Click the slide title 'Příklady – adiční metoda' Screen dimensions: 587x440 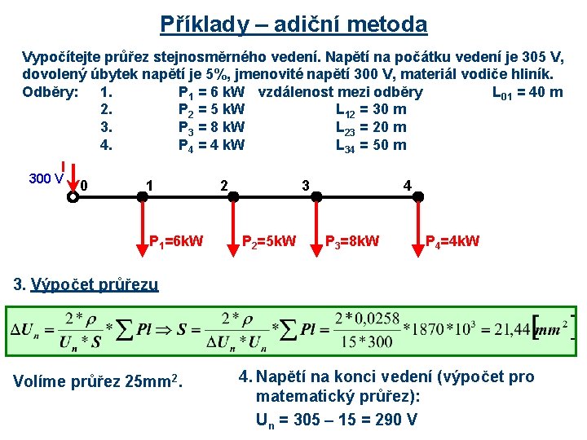tap(293, 24)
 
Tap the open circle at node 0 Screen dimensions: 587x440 tap(73, 196)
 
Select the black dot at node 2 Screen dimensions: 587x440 tap(233, 196)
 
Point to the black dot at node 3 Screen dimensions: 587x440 tap(316, 196)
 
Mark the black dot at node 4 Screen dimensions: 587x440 tap(418, 196)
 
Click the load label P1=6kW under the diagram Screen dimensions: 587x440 tap(176, 241)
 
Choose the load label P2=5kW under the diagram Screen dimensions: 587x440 tap(270, 241)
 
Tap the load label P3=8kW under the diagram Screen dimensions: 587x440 tap(352, 241)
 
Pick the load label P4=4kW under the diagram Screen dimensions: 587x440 tap(452, 241)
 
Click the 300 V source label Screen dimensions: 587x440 tap(47, 178)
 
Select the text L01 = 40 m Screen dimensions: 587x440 tap(527, 91)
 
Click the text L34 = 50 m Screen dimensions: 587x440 tap(371, 145)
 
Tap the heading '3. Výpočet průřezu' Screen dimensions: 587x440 tap(87, 284)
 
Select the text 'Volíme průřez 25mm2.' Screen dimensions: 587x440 tap(101, 380)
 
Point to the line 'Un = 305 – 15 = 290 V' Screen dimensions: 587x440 tap(337, 420)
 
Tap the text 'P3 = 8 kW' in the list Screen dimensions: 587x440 tap(211, 127)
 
